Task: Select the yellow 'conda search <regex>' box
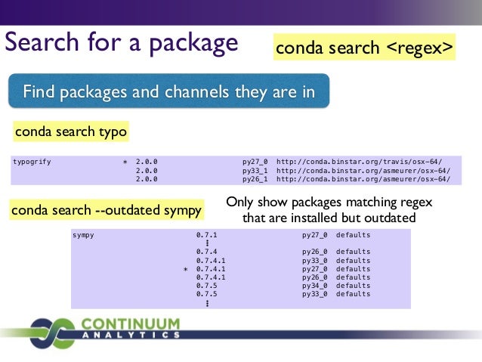[366, 48]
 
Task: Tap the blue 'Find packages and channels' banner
[168, 93]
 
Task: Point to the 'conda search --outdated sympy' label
[107, 209]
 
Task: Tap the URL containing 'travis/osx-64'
[360, 161]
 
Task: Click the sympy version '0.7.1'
[206, 235]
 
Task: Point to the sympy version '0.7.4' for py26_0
[206, 252]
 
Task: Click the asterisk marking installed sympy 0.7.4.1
[185, 269]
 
